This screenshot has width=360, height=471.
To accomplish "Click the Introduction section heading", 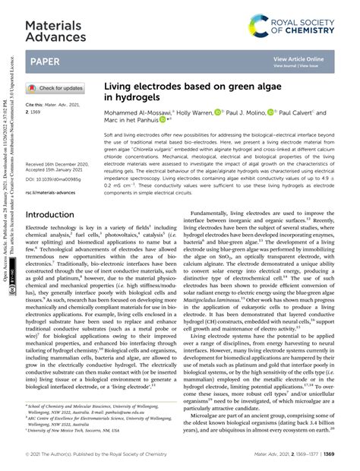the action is [x=61, y=215].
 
